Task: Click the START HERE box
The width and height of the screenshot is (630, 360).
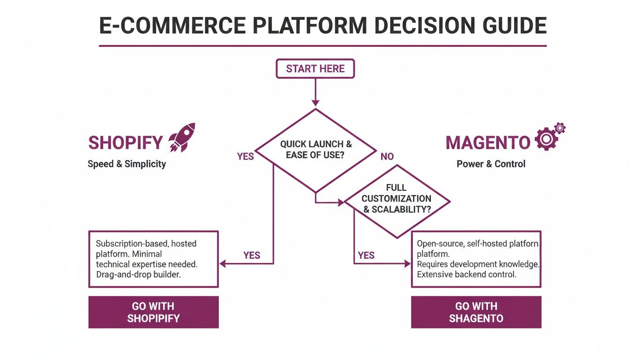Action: point(315,69)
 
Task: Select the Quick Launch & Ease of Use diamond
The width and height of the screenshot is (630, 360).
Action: point(315,150)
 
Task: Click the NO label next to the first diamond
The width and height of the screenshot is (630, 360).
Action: point(387,157)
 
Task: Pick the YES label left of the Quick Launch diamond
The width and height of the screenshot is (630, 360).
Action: point(245,157)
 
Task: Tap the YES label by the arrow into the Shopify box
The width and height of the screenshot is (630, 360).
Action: point(252,255)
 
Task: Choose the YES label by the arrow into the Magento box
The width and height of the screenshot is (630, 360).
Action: point(366,255)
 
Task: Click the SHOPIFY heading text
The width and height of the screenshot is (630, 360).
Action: point(126,143)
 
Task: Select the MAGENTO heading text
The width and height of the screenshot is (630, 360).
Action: point(488,143)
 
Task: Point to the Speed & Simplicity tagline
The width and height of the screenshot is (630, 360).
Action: point(127,164)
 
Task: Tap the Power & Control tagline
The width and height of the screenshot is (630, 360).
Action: point(491,164)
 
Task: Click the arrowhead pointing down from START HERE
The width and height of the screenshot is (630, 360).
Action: point(315,103)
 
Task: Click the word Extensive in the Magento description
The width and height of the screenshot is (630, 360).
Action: point(435,274)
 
